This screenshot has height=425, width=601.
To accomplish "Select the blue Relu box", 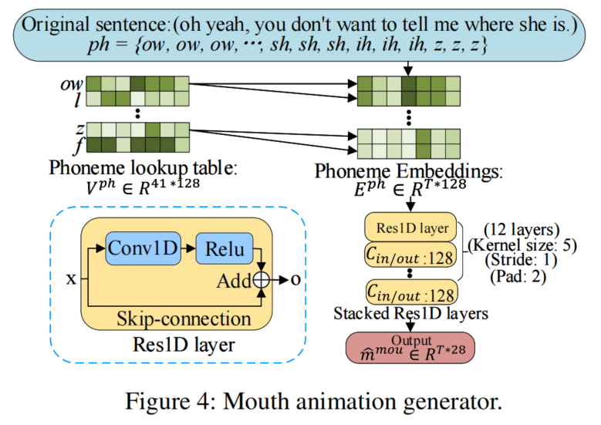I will tap(225, 248).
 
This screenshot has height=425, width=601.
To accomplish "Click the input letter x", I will tap(71, 279).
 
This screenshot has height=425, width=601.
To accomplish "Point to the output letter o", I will tap(295, 279).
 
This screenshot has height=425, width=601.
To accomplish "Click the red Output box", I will tap(410, 348).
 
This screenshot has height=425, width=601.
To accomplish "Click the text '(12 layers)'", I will tap(518, 230).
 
